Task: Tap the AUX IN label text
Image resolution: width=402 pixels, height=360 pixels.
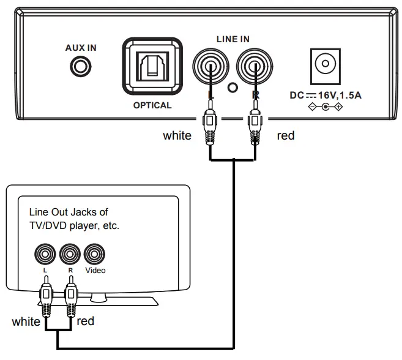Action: tap(81, 47)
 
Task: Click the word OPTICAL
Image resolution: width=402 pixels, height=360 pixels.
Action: tap(152, 105)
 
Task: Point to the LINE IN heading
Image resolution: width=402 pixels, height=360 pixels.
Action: tap(233, 39)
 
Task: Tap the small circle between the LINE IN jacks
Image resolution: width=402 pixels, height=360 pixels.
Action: tap(232, 88)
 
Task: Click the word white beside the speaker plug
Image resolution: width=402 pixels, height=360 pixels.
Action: tap(177, 135)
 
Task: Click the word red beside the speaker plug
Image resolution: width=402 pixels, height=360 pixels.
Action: tap(286, 135)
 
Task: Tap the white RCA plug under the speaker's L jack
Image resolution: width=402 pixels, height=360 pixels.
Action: tap(210, 126)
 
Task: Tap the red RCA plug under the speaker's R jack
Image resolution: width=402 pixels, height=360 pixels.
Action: tap(254, 126)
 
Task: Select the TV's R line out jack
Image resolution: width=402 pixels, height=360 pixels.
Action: tap(70, 253)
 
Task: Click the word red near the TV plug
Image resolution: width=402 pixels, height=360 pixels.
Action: tap(86, 321)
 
